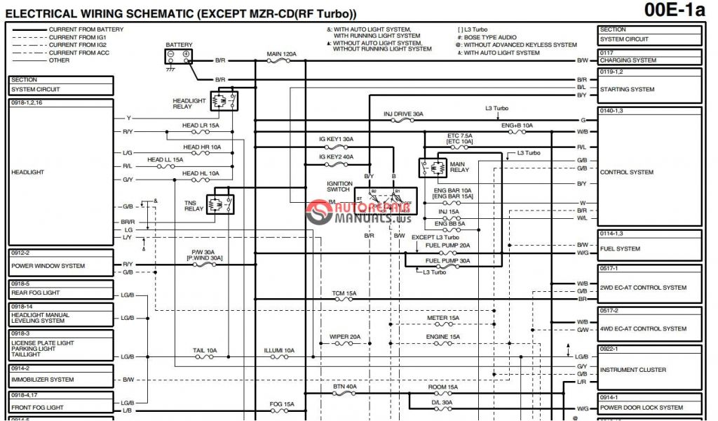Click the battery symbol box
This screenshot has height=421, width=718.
pyautogui.click(x=179, y=54)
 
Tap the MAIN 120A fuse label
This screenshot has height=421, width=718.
pyautogui.click(x=282, y=53)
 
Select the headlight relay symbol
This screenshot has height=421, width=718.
pyautogui.click(x=224, y=101)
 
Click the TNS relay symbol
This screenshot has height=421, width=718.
pyautogui.click(x=220, y=204)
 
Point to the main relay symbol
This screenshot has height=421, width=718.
pyautogui.click(x=433, y=168)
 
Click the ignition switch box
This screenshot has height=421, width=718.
pyautogui.click(x=385, y=201)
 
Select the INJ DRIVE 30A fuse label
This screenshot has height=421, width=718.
pyautogui.click(x=403, y=114)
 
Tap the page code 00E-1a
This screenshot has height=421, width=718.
pyautogui.click(x=674, y=11)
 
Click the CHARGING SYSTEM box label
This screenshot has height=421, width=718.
pyautogui.click(x=628, y=60)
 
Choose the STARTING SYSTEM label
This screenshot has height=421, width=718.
pyautogui.click(x=627, y=90)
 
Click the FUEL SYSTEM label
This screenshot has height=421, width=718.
pyautogui.click(x=620, y=248)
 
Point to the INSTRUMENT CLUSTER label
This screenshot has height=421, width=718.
pyautogui.click(x=633, y=370)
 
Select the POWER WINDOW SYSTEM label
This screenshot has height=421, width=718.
pyautogui.click(x=48, y=266)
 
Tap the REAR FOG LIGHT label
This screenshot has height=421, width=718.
pyautogui.click(x=35, y=293)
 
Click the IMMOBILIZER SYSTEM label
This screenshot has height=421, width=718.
pyautogui.click(x=42, y=380)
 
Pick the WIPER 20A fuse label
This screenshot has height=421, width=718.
pyautogui.click(x=345, y=337)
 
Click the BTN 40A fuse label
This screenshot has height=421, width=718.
pyautogui.click(x=344, y=386)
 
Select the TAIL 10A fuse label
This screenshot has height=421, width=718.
pyautogui.click(x=205, y=349)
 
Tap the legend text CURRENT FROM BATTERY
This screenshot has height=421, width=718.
pyautogui.click(x=86, y=29)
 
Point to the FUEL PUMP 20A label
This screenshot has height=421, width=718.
pyautogui.click(x=447, y=246)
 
